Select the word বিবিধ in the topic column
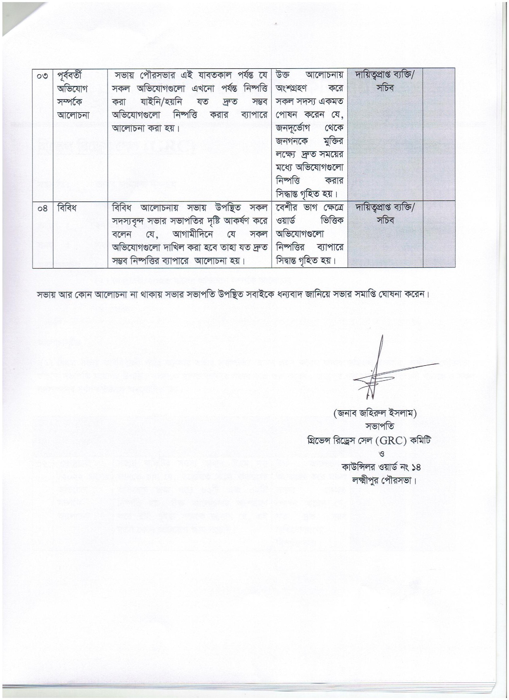coord(66,208)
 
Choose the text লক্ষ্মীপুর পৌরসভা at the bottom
coord(384,481)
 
